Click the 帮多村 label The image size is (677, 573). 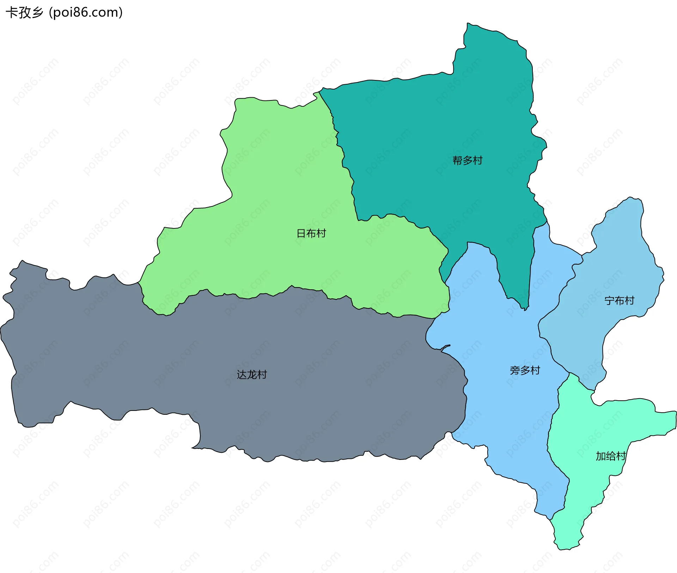pos(467,161)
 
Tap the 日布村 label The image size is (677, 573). pos(311,233)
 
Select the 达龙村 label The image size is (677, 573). pos(252,375)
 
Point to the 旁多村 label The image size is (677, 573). pos(525,370)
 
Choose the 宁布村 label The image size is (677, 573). pos(619,301)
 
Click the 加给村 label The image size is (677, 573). pos(610,456)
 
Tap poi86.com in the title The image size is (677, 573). pos(86,12)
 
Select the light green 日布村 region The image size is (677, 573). pos(282,176)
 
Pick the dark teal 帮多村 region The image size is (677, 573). pos(441,123)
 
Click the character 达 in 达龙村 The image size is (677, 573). pos(242,375)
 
